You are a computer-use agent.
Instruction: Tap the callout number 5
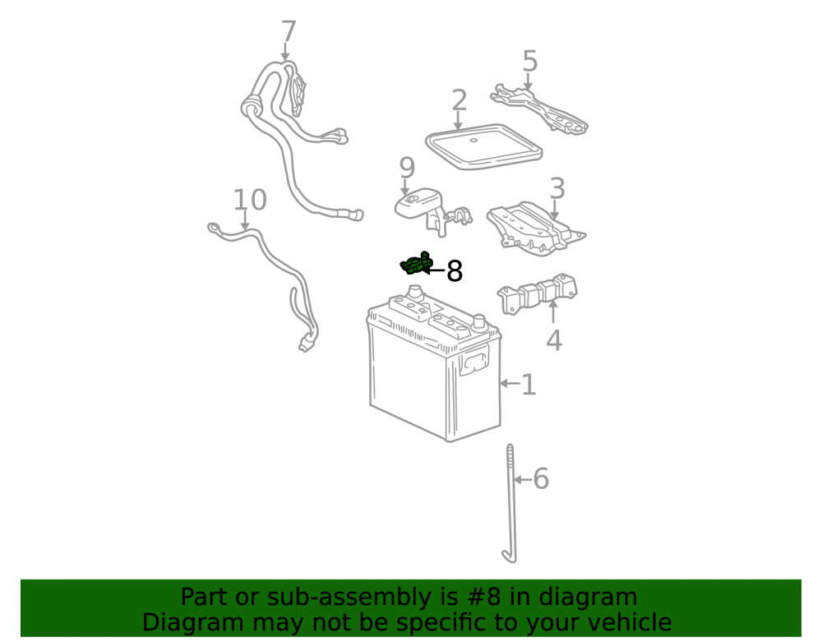pyautogui.click(x=530, y=62)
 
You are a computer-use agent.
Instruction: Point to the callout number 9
pyautogui.click(x=408, y=168)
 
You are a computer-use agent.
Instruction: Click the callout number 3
pyautogui.click(x=557, y=188)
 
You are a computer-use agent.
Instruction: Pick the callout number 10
pyautogui.click(x=250, y=200)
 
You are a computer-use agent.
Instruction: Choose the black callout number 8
pyautogui.click(x=455, y=271)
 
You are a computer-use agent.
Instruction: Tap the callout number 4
pyautogui.click(x=554, y=340)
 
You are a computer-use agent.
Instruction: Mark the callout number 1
pyautogui.click(x=529, y=385)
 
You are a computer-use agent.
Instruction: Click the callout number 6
pyautogui.click(x=541, y=479)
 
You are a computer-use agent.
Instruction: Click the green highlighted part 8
pyautogui.click(x=416, y=263)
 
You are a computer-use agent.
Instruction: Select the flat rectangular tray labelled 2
pyautogui.click(x=483, y=147)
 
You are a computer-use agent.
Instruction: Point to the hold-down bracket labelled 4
pyautogui.click(x=538, y=294)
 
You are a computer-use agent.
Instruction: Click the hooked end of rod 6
pyautogui.click(x=509, y=557)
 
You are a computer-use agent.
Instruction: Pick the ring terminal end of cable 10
pyautogui.click(x=215, y=228)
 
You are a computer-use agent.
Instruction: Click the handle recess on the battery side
pyautogui.click(x=474, y=363)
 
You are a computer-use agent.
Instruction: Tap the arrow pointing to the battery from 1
pyautogui.click(x=510, y=384)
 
